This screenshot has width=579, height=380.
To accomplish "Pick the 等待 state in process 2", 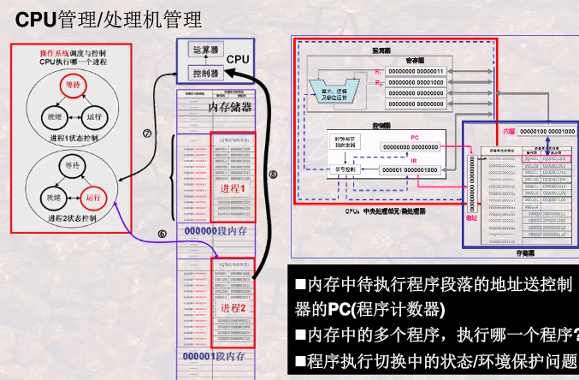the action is click(71, 163).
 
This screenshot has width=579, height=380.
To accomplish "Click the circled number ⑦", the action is click(146, 134).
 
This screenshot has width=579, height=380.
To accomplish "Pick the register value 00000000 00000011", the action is click(416, 70).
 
